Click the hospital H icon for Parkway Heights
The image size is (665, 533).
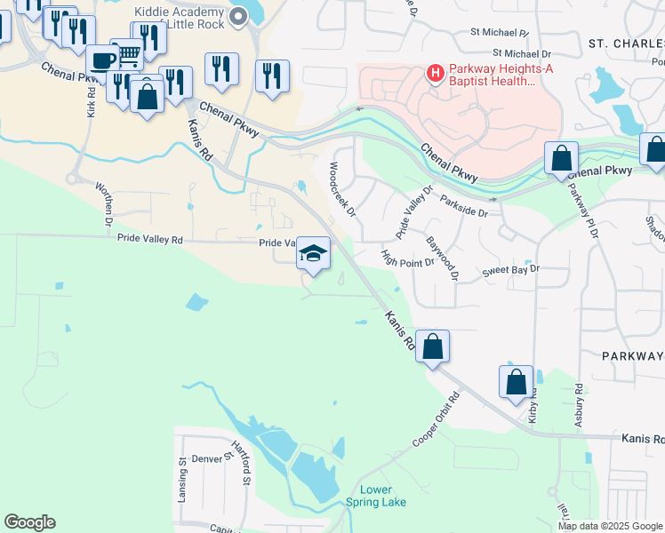pyautogui.click(x=435, y=72)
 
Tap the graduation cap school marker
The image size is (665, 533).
pyautogui.click(x=313, y=253)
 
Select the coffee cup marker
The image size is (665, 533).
pyautogui.click(x=103, y=61)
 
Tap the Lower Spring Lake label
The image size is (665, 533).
pyautogui.click(x=383, y=496)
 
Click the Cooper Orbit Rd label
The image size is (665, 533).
pyautogui.click(x=439, y=428)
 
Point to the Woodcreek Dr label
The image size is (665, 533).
pyautogui.click(x=342, y=188)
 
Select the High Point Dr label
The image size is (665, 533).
pyautogui.click(x=407, y=257)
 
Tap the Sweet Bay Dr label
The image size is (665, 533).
pyautogui.click(x=511, y=270)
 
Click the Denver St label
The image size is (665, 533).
pyautogui.click(x=213, y=460)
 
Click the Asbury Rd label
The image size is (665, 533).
pyautogui.click(x=579, y=404)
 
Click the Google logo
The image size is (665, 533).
pyautogui.click(x=29, y=522)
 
